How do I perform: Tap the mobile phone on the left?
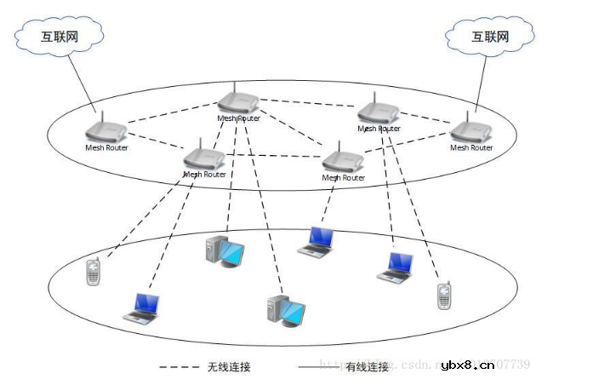click(x=94, y=272)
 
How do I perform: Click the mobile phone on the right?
click(x=442, y=296)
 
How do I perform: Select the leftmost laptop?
click(x=142, y=308)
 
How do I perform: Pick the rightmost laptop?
click(x=397, y=267)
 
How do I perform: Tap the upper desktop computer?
click(x=224, y=249)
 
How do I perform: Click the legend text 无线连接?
click(x=229, y=367)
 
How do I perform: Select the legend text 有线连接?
click(x=368, y=367)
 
